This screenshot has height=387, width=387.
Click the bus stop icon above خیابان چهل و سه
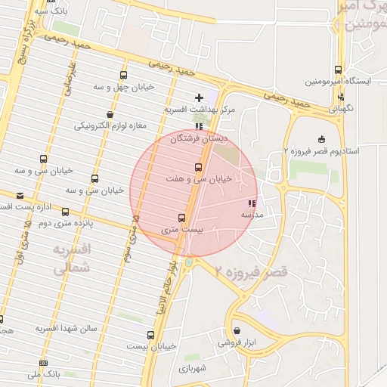pos(123,75)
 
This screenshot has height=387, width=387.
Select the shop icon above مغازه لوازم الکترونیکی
pos(110,115)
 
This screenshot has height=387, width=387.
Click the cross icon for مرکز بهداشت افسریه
pos(200,97)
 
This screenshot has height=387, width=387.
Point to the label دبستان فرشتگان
pos(198,139)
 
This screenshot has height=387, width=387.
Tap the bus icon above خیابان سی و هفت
pos(199,167)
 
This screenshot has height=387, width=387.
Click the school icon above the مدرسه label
pos(252,203)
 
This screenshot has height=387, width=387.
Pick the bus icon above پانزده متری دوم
pos(65,212)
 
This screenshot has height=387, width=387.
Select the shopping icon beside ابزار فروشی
pos(237,331)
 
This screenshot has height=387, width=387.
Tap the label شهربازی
pos(197,368)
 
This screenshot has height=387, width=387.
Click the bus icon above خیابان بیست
pos(151,335)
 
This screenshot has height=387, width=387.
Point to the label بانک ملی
pos(43,374)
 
